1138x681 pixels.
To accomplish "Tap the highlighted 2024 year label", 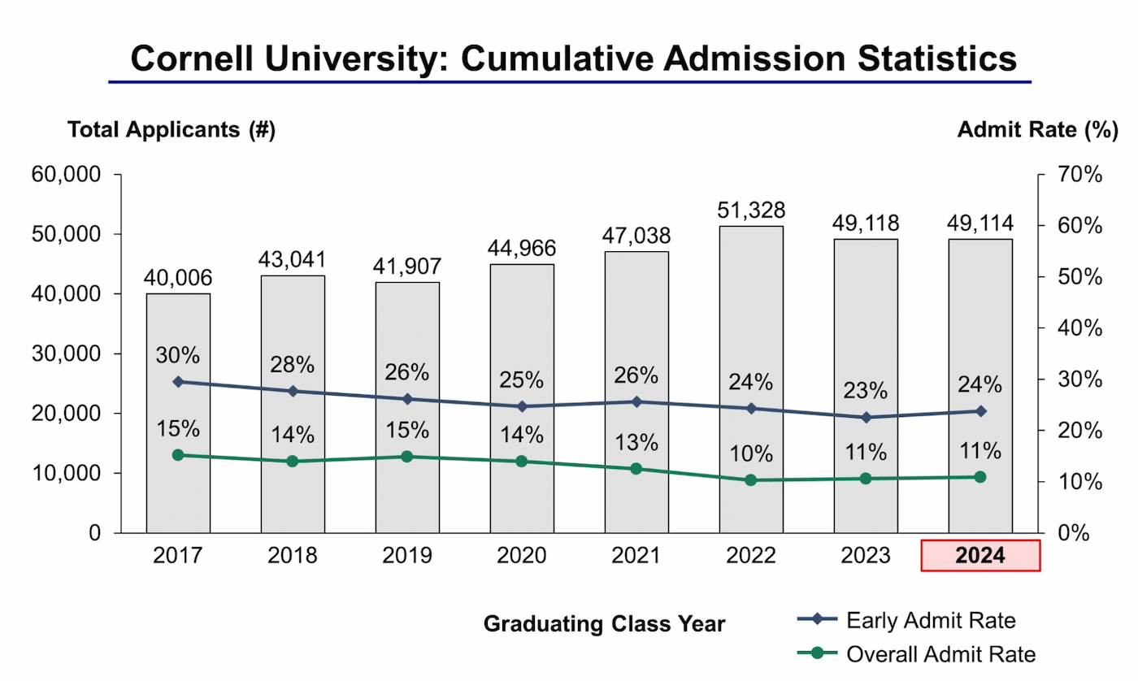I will click(x=980, y=556).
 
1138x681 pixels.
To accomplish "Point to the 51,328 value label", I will click(x=751, y=210).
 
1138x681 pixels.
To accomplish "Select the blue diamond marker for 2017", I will click(x=178, y=381).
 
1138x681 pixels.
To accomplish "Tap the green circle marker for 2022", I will click(x=751, y=480).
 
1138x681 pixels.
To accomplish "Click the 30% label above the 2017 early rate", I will click(x=178, y=355).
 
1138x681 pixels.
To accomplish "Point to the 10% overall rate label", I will click(x=751, y=453).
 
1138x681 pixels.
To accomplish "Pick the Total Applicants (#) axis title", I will click(x=172, y=130).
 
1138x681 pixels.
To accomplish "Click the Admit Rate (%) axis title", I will click(x=1037, y=130).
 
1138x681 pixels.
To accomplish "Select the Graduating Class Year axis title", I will click(x=604, y=624).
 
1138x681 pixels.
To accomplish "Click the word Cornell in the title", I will click(x=200, y=60).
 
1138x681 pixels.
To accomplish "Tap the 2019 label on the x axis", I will click(x=406, y=556).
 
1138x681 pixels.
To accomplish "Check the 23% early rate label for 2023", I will click(x=866, y=391).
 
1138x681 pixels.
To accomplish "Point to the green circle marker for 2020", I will click(x=522, y=462).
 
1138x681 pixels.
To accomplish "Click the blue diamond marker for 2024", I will click(x=980, y=411).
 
